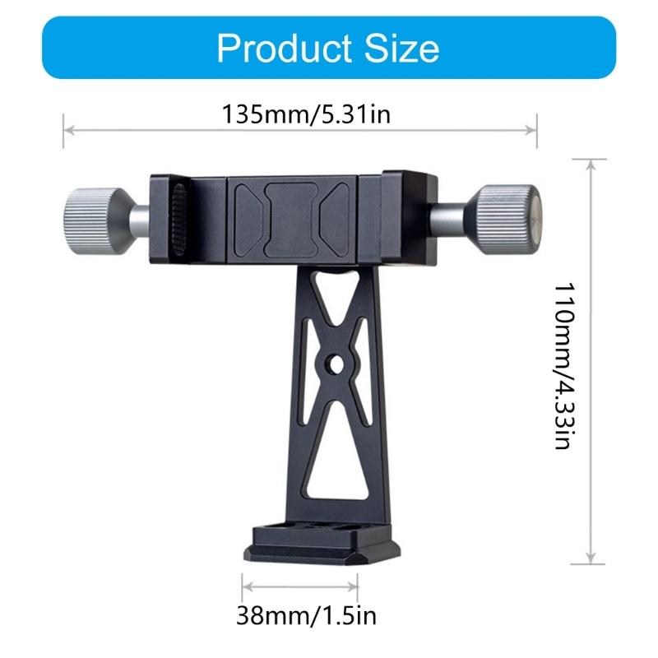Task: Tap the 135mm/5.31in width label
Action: [x=305, y=113]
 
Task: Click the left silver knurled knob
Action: [x=90, y=218]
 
